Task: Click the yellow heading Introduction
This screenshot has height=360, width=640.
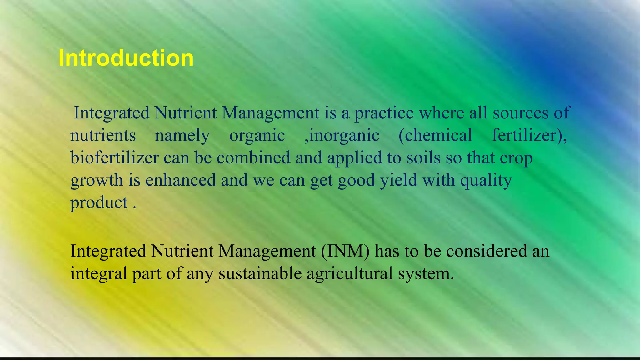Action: coord(126,58)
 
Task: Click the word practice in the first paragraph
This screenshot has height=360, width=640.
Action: coord(384,113)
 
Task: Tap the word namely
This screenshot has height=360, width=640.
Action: coord(182,136)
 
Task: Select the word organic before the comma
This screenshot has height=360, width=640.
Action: coord(257,136)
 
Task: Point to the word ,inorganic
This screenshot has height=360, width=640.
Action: coord(342,136)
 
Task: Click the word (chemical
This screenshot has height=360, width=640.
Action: coord(435,136)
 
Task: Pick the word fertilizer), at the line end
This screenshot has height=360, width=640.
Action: coord(529,136)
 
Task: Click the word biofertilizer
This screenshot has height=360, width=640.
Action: coord(114,157)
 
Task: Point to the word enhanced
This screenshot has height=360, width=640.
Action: coord(181,180)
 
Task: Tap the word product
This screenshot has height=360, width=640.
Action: coord(99,203)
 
